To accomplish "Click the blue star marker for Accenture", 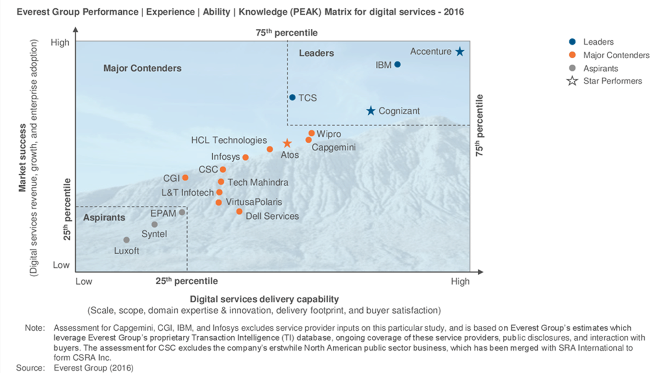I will [x=460, y=52].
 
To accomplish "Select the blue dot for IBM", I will [x=397, y=64].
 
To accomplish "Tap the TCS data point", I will [x=292, y=97].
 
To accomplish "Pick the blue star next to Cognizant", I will [x=371, y=111].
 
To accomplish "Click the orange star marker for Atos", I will [x=287, y=143].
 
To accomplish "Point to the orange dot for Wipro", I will [x=311, y=133].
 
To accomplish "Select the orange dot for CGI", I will [x=185, y=178].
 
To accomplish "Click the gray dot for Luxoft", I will [x=127, y=240].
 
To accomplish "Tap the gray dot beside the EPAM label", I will [x=182, y=212].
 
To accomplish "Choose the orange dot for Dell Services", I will [x=239, y=212].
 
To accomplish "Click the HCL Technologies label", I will [x=229, y=140].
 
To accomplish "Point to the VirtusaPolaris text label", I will [x=254, y=202].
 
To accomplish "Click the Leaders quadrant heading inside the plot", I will [x=316, y=53].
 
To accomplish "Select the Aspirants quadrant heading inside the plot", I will [x=104, y=218].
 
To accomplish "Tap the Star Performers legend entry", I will [x=612, y=81].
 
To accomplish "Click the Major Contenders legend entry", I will [x=616, y=55].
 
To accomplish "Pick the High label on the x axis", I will [x=460, y=282].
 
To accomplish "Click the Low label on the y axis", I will [x=61, y=265].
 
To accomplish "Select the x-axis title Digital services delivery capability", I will [x=264, y=299].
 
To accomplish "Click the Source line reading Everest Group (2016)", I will [x=93, y=368].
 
